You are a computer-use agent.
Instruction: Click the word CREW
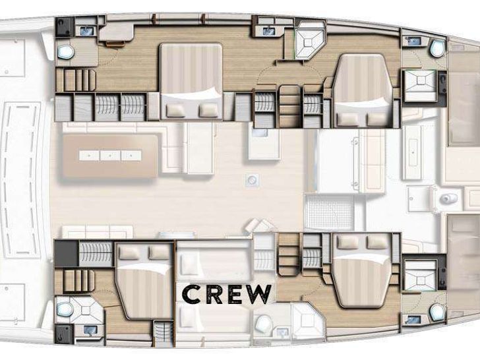227,294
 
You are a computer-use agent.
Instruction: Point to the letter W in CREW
258,294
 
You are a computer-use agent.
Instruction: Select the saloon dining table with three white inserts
110,156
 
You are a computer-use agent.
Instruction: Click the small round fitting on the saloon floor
253,180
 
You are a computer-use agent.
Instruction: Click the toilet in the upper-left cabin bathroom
65,52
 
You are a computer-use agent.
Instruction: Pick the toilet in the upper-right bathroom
437,48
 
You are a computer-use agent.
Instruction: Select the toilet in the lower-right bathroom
437,312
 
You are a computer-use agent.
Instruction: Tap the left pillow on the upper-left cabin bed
176,111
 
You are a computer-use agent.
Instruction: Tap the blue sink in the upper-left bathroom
87,30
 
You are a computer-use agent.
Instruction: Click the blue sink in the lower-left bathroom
90,330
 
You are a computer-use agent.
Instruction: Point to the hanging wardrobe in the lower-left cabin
96,253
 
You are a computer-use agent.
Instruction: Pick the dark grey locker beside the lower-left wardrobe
67,253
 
